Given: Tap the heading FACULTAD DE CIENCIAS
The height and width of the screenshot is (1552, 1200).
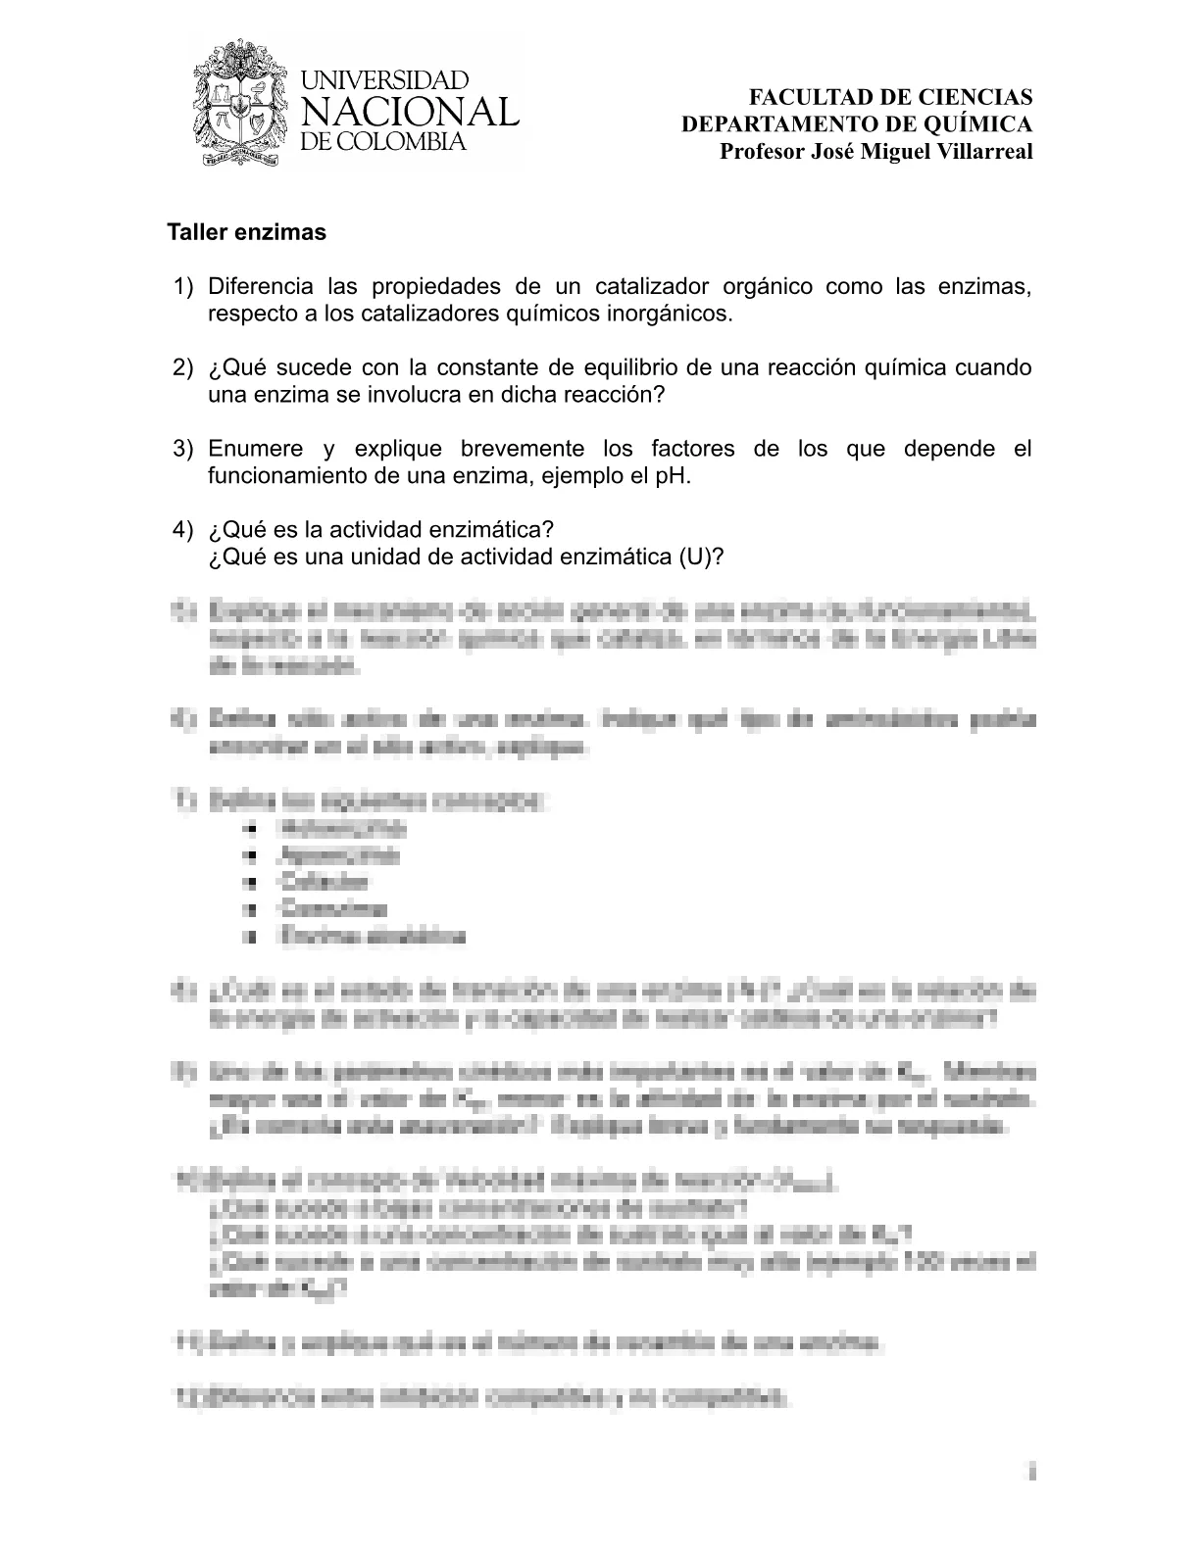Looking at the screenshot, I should (x=890, y=97).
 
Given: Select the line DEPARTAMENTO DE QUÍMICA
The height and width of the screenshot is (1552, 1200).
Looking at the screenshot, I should (x=857, y=124).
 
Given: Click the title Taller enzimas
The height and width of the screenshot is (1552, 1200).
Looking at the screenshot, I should (x=246, y=233).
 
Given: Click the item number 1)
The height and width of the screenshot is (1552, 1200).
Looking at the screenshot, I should (x=184, y=287).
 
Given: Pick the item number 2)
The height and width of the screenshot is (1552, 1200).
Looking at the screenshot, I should (x=184, y=367).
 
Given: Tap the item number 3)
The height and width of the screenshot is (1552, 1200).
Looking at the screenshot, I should (x=184, y=449).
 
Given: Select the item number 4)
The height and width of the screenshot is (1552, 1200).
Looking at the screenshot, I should (x=184, y=529).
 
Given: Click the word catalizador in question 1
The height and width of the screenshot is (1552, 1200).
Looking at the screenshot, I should (x=651, y=287).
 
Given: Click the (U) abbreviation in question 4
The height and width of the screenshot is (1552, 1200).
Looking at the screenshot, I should (x=700, y=557).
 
